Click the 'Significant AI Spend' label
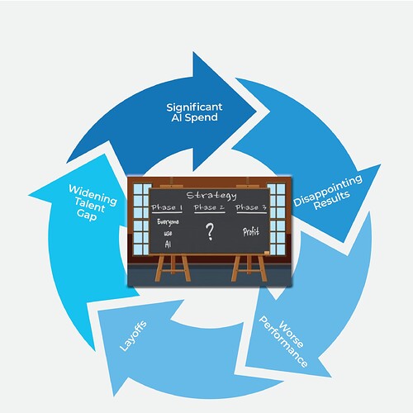tap(194, 112)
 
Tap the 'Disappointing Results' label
tap(328, 192)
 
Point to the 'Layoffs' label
tap(133, 336)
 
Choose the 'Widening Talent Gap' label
tap(92, 202)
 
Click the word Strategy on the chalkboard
tap(211, 196)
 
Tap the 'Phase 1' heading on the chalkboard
tap(167, 207)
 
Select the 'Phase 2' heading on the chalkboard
tap(209, 207)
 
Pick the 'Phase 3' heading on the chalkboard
tap(251, 207)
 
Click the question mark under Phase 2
tap(210, 232)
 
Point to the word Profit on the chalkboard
tap(251, 232)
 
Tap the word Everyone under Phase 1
tap(168, 222)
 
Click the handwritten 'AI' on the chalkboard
tap(168, 244)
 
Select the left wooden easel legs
tap(173, 268)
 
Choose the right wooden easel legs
tap(249, 268)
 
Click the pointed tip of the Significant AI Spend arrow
tap(257, 111)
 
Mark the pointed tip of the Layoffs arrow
tap(114, 396)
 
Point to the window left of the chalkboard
tap(141, 219)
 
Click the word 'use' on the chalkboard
tap(168, 234)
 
